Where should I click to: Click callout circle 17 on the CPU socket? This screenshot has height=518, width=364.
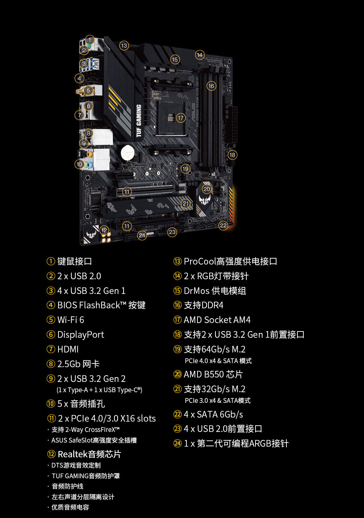tap(180, 118)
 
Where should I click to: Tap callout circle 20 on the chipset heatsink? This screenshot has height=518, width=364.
tap(207, 189)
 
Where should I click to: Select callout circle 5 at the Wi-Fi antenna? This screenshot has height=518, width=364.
tap(88, 91)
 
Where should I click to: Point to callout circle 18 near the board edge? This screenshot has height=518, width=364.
tap(232, 155)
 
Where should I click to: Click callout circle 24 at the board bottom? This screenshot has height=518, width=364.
tap(142, 235)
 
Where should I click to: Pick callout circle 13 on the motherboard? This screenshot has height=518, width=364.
tap(124, 46)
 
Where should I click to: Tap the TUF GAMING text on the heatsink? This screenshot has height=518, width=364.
tap(139, 121)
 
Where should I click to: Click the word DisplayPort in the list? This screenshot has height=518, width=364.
tap(81, 335)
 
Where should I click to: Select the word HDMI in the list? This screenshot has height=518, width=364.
tap(68, 350)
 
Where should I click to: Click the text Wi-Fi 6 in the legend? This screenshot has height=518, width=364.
tap(71, 320)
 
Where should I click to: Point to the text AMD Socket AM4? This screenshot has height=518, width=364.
tap(217, 320)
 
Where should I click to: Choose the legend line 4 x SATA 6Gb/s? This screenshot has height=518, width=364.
tap(213, 415)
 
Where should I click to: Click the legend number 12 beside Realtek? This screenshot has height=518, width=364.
tap(51, 454)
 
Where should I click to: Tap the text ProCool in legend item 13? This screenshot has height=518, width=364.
tap(200, 262)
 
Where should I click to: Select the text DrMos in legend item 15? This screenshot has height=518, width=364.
tap(196, 291)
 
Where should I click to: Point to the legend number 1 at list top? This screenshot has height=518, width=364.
tap(51, 262)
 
